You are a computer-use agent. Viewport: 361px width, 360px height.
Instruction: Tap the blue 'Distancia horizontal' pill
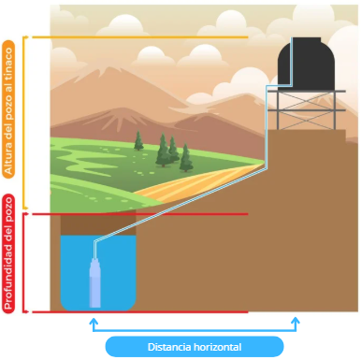point(195,346)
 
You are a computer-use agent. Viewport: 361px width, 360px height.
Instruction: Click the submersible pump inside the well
point(95,281)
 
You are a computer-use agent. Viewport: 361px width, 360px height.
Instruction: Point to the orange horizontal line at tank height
point(140,37)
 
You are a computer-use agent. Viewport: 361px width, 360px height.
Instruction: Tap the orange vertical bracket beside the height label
point(25,122)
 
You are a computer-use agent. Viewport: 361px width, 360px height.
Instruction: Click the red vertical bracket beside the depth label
point(25,263)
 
